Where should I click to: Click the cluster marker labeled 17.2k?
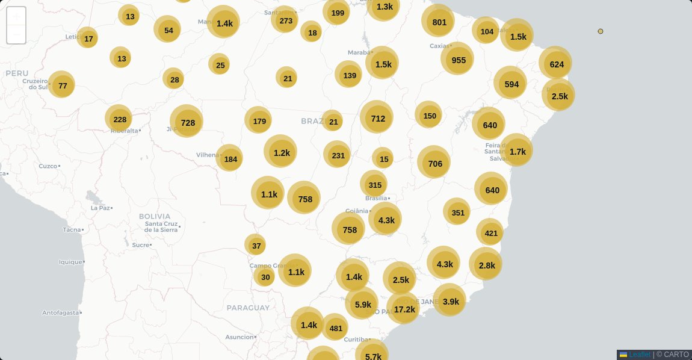404,309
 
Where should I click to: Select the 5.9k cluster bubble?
362,304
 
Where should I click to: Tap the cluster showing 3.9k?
450,301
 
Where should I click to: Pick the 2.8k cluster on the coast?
486,265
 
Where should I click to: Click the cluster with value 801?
439,22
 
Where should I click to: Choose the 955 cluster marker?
458,60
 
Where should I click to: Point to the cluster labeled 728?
187,122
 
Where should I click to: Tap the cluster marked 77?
62,85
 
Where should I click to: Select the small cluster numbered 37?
256,245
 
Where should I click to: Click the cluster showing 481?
335,327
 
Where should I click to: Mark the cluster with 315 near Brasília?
374,185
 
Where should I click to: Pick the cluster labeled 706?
434,163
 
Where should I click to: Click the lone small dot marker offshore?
601,31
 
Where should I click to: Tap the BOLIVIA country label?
154,216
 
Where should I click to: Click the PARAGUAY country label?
248,308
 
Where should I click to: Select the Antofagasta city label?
60,313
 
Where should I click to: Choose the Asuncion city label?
239,337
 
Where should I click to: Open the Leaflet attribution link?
639,355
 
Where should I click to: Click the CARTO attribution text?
676,355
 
